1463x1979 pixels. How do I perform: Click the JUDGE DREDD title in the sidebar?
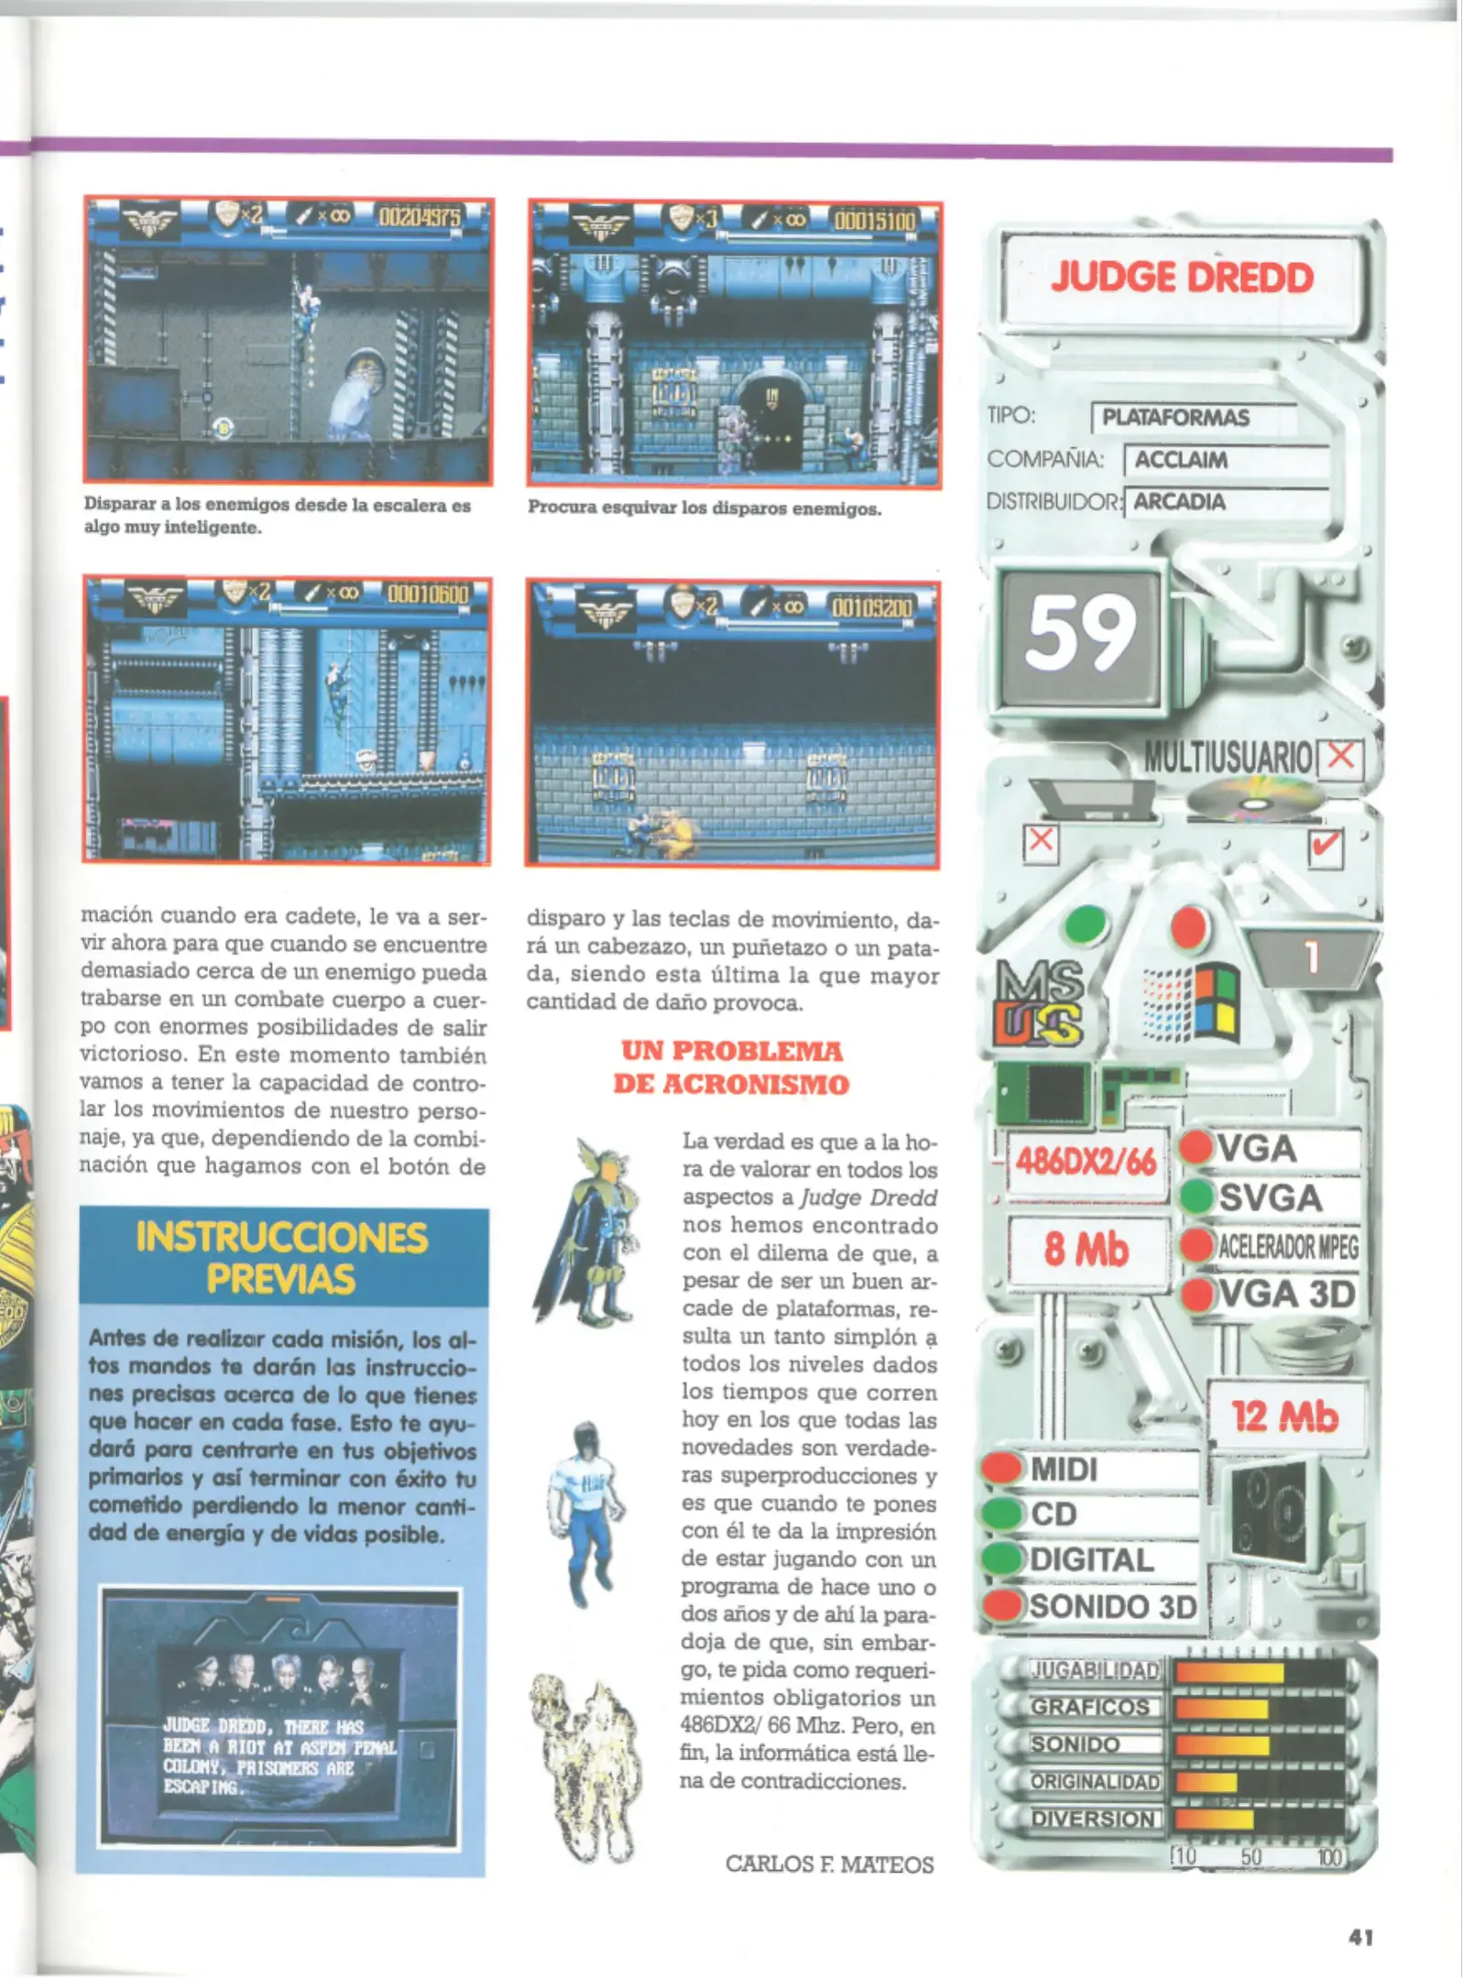1182,278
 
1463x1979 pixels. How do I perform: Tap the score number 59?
1080,633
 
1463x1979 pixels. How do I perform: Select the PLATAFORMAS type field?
1175,418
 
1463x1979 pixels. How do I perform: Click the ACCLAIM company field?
1182,460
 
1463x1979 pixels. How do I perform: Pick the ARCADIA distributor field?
1180,502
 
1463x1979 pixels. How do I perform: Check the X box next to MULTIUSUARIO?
1340,757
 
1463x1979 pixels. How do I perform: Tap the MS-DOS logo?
1039,1004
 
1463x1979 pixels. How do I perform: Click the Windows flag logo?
1192,1004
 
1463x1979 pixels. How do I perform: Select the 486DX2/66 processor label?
1086,1163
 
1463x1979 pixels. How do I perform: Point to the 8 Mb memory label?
1086,1250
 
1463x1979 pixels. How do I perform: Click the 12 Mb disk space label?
1284,1416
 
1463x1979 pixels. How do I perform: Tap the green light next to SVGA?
1196,1196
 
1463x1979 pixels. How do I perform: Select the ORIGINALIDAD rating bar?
1261,1782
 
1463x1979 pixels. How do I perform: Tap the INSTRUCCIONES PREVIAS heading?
281,1258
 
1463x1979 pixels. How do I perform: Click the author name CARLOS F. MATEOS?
829,1864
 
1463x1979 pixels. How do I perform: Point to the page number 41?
1360,1937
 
